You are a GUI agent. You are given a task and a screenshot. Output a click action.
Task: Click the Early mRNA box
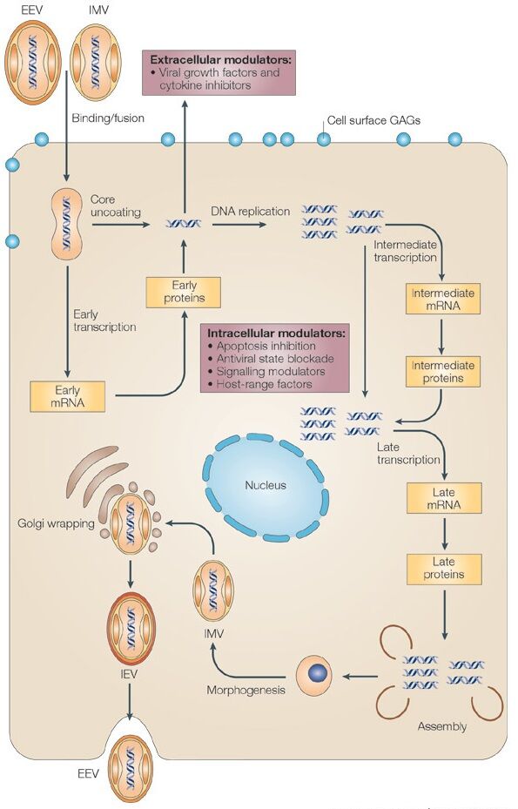click(68, 395)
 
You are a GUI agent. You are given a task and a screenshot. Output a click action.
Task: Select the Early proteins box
click(184, 292)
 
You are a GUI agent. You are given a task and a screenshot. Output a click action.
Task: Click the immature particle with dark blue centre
click(314, 676)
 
